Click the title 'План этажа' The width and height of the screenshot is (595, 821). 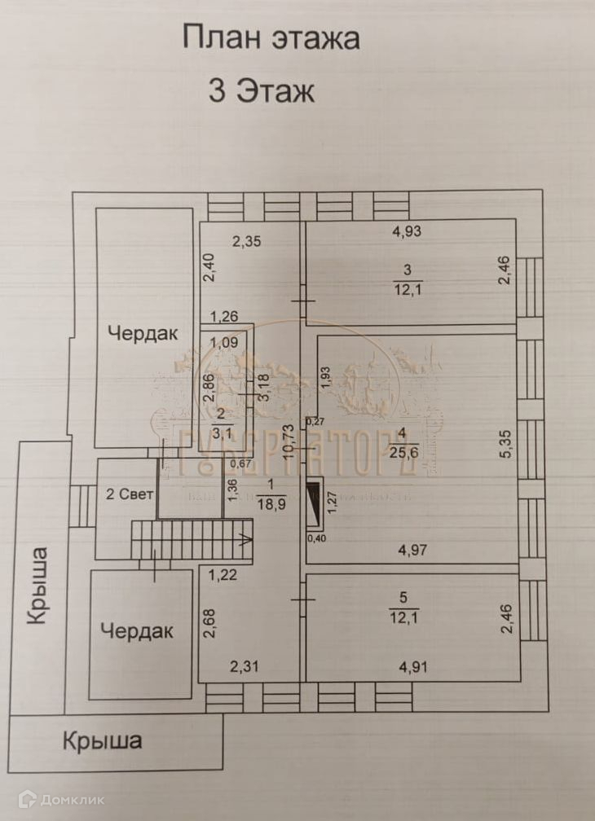(x=271, y=38)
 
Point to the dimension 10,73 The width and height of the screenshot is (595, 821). (x=287, y=443)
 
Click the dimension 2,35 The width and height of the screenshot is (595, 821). (x=248, y=241)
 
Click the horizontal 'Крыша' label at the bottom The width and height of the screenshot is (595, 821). (x=103, y=741)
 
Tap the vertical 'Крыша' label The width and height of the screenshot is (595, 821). (x=37, y=586)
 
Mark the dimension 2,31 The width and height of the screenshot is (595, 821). (x=245, y=668)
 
